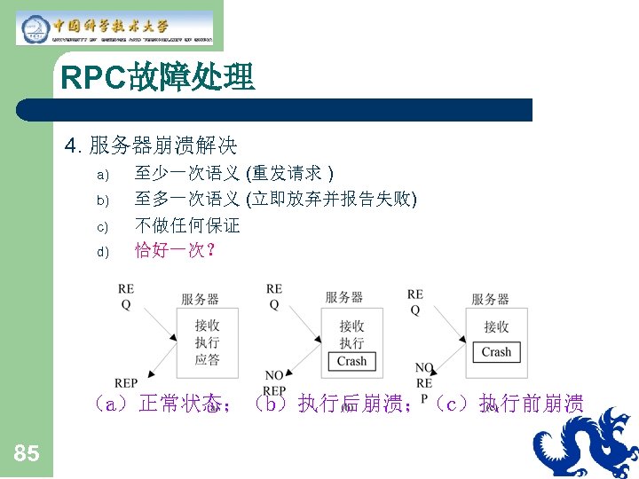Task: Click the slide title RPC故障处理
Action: [x=158, y=79]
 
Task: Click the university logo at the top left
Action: [x=115, y=27]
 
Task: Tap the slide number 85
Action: [x=27, y=454]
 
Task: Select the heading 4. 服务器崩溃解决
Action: [x=151, y=145]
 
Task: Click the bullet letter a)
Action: [x=102, y=174]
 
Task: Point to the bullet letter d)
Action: [x=102, y=252]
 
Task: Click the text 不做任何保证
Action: [x=187, y=225]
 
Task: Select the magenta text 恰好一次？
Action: [x=176, y=251]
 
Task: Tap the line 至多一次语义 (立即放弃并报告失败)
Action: [x=275, y=199]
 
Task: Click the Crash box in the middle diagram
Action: [x=351, y=361]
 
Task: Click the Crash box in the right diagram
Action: [x=496, y=352]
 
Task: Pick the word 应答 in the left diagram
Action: [x=207, y=359]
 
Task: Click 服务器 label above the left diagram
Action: [x=200, y=299]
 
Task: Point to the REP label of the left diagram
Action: [x=126, y=383]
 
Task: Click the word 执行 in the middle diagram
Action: [x=351, y=342]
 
